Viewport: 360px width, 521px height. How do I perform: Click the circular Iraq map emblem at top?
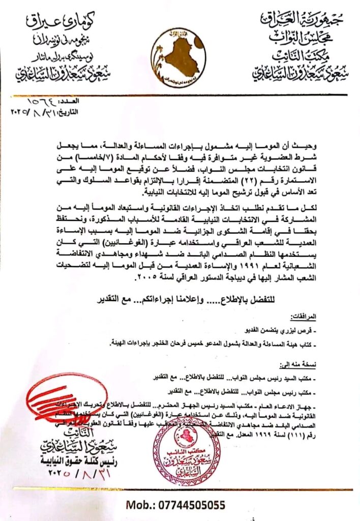(179, 57)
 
